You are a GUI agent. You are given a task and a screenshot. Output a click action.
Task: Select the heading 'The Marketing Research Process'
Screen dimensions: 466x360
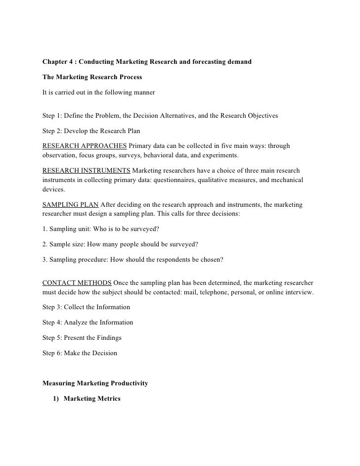pyautogui.click(x=92, y=77)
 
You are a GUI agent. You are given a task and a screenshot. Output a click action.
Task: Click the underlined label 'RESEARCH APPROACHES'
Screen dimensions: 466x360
pyautogui.click(x=85, y=146)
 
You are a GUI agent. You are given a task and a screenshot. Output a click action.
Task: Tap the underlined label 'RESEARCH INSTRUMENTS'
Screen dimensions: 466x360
pyautogui.click(x=87, y=171)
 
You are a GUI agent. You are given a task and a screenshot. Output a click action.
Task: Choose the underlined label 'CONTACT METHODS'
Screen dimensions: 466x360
pyautogui.click(x=77, y=283)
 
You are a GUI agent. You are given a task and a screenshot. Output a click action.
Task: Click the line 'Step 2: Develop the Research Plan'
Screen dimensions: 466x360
pyautogui.click(x=91, y=132)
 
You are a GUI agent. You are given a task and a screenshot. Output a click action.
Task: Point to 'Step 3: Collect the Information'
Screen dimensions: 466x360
pyautogui.click(x=87, y=307)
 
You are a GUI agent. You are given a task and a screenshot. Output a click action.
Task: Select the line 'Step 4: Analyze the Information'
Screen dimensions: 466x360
pyautogui.click(x=88, y=323)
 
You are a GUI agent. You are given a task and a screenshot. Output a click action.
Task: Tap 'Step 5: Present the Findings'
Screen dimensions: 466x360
pyautogui.click(x=82, y=338)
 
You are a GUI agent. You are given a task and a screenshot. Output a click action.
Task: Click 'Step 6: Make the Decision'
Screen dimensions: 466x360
pyautogui.click(x=80, y=353)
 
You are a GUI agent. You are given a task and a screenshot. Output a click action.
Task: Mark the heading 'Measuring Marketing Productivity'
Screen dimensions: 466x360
pyautogui.click(x=95, y=383)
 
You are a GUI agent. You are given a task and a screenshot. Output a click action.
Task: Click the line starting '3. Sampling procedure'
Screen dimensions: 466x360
pyautogui.click(x=133, y=259)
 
